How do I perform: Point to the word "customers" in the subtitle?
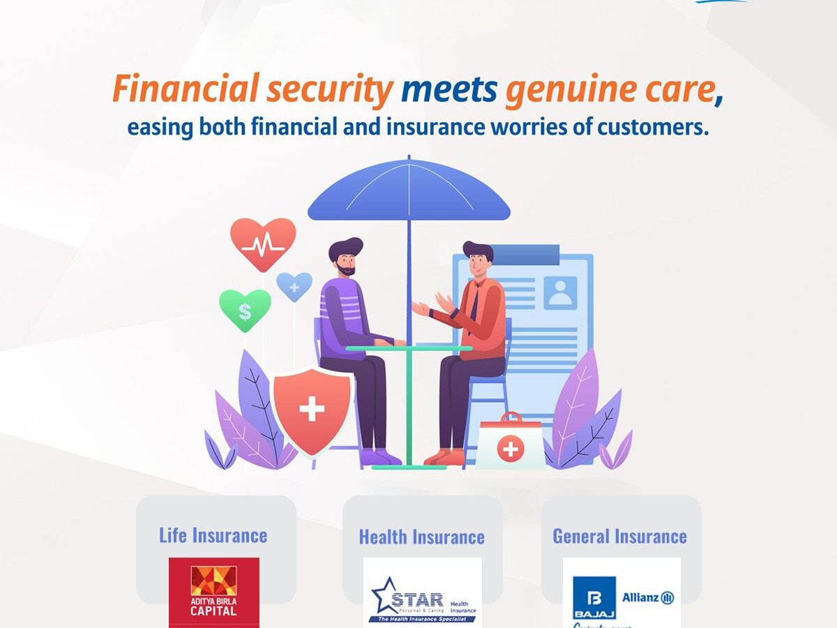[647, 128]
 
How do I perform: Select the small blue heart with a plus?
[294, 286]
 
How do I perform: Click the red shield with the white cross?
[311, 409]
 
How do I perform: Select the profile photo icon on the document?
[561, 292]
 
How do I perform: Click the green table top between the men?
[409, 347]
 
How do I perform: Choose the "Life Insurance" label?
[213, 535]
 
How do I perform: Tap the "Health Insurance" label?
[421, 537]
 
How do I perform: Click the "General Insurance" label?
[619, 536]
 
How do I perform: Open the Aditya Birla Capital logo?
[214, 592]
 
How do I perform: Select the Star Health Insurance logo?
[423, 596]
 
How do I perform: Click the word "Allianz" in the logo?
[640, 597]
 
